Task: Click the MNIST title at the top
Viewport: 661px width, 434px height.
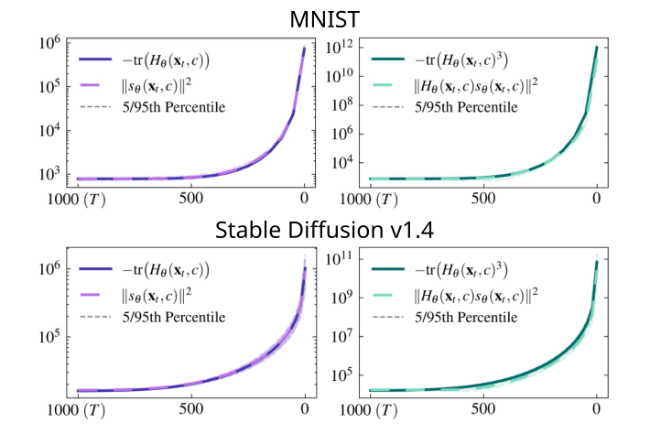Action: coord(330,18)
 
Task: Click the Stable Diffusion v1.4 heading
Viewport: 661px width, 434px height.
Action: coord(330,230)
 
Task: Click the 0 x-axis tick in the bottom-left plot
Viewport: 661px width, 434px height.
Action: coord(304,408)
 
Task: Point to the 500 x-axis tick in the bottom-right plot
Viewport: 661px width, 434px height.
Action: coord(482,408)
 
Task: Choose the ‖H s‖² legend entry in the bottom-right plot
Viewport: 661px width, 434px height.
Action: coord(487,294)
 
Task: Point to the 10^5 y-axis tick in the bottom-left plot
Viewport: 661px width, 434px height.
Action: coord(48,335)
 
